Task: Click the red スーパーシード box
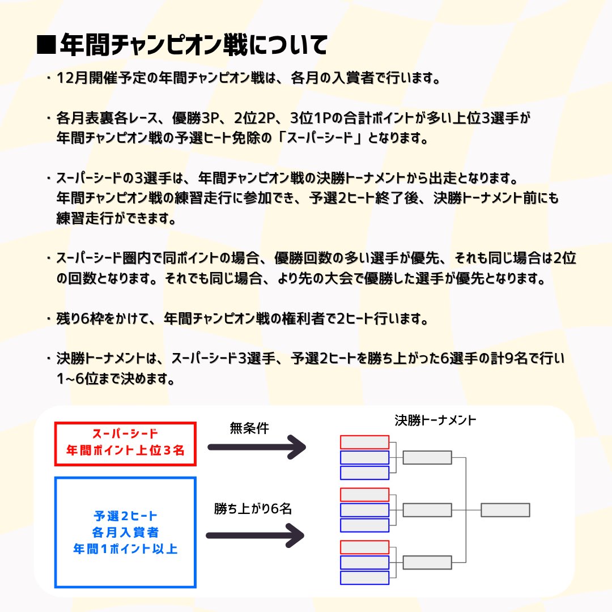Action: (126, 444)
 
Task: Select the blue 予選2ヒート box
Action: (126, 532)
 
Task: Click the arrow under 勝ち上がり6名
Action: (254, 535)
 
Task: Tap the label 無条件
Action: (249, 428)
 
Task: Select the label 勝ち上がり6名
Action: (253, 509)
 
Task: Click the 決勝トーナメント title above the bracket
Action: (435, 421)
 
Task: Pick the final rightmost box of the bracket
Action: (505, 510)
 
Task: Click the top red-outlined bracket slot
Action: (364, 442)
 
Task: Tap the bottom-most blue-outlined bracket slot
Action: (364, 577)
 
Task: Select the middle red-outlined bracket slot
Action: (364, 495)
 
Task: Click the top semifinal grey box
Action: (427, 457)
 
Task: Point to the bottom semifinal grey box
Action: (427, 562)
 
